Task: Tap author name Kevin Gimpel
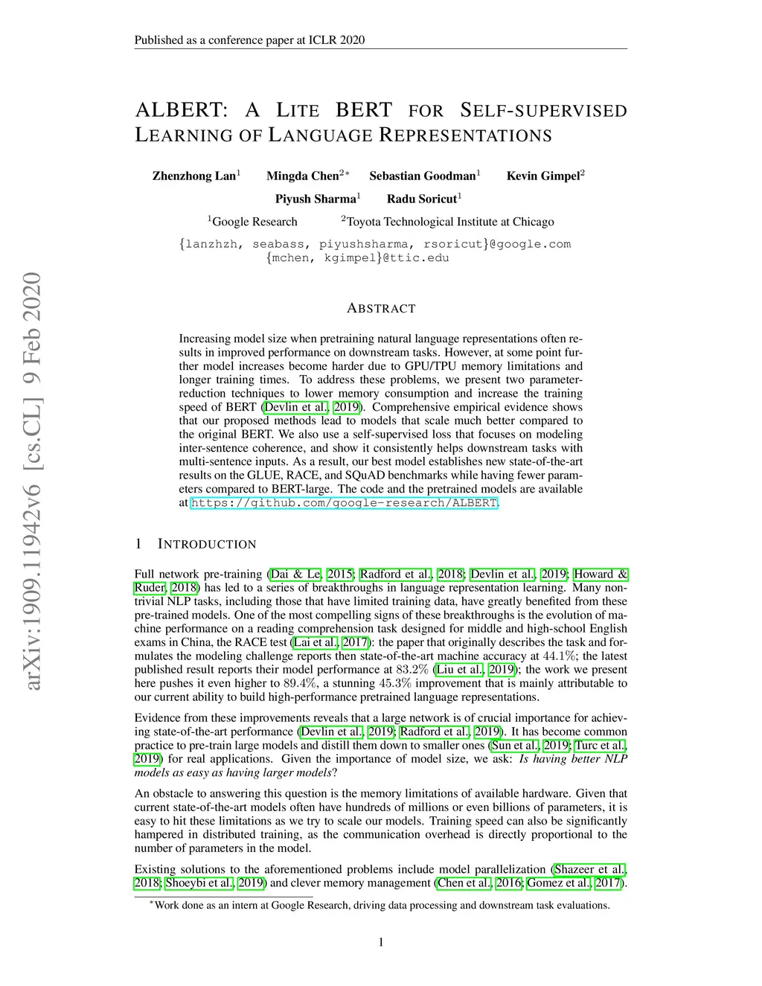pyautogui.click(x=543, y=176)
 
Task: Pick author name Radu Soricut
pyautogui.click(x=422, y=199)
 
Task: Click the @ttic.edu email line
pyautogui.click(x=357, y=258)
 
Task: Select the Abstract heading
pyautogui.click(x=381, y=308)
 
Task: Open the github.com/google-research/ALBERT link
pyautogui.click(x=344, y=503)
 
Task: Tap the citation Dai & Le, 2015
pyautogui.click(x=311, y=574)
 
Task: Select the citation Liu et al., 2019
pyautogui.click(x=475, y=670)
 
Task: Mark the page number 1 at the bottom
pyautogui.click(x=381, y=944)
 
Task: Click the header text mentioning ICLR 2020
pyautogui.click(x=249, y=40)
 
